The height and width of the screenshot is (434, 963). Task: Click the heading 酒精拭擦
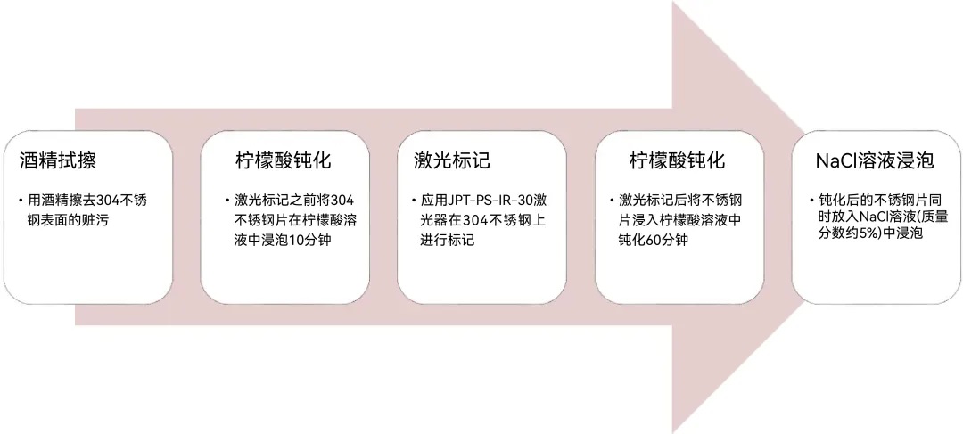[58, 160]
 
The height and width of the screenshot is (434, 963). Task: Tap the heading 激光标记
[452, 160]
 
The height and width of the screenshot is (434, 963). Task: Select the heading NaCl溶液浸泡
[876, 160]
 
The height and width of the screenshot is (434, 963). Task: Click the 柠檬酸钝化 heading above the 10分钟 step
[284, 160]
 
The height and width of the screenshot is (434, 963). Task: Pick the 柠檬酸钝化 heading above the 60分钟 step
[678, 160]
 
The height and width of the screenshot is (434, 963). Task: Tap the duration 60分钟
[667, 240]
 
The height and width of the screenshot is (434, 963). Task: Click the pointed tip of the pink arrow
[804, 217]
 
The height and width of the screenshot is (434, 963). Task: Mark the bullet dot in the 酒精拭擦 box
[22, 201]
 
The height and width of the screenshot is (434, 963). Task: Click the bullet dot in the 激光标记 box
[416, 201]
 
